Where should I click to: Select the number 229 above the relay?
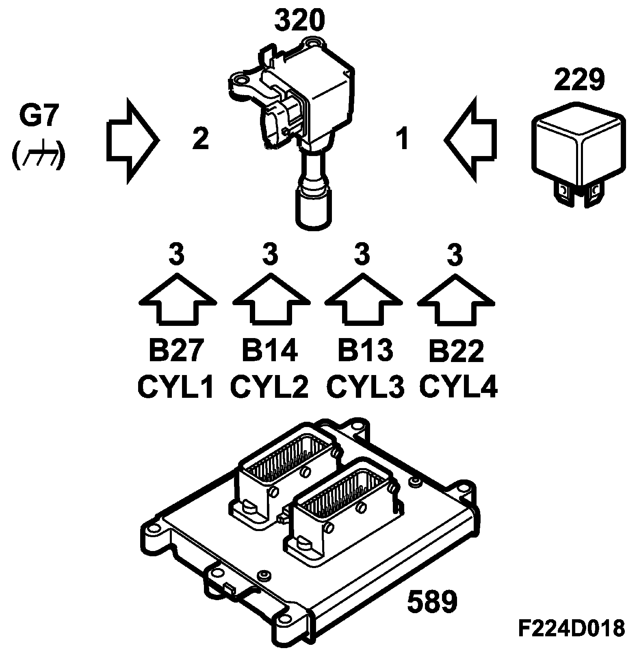pos(579,80)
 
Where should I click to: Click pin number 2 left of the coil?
pos(201,139)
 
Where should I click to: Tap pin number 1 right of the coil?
pos(402,139)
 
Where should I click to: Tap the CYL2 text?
pos(270,387)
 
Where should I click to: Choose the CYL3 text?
pos(365,387)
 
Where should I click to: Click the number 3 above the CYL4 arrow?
pos(456,254)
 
